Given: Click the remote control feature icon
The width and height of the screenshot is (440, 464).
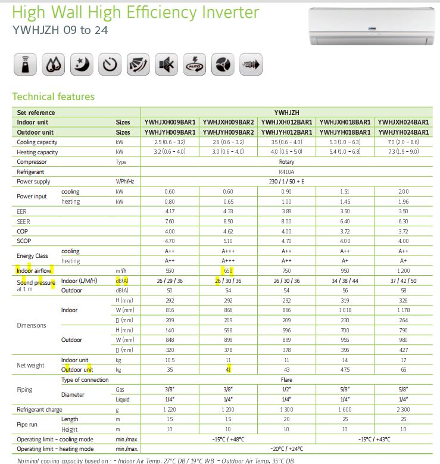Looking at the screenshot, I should click(24, 64).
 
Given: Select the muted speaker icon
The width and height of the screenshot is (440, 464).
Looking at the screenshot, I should click(166, 64).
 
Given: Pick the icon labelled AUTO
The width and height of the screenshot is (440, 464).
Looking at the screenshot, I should click(194, 64).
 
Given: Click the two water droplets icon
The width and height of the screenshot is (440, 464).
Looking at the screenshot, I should click(52, 64).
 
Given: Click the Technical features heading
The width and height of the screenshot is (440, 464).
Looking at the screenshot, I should click(53, 96).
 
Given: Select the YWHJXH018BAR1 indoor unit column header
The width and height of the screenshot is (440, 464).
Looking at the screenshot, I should click(345, 122).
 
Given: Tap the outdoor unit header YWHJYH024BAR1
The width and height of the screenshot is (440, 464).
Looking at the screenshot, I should click(403, 132).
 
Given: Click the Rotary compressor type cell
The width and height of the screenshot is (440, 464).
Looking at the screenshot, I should click(286, 162).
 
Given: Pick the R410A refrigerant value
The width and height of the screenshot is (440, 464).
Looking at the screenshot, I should click(286, 172).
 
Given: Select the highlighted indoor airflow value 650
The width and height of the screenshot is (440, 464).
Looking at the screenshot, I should click(229, 271).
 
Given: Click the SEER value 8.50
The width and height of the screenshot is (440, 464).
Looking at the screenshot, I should click(229, 221).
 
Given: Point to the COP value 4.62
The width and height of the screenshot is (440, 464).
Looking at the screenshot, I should click(229, 231).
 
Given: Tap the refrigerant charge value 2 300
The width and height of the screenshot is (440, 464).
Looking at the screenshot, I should click(403, 410).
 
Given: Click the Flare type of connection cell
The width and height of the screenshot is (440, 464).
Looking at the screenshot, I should click(286, 380).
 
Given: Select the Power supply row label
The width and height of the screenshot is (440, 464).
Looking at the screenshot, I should click(33, 182).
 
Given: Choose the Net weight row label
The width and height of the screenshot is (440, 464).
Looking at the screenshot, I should click(30, 365).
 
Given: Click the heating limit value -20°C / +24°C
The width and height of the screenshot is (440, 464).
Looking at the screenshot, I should click(286, 449).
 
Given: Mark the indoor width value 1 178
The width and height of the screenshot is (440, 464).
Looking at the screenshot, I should click(403, 310).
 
